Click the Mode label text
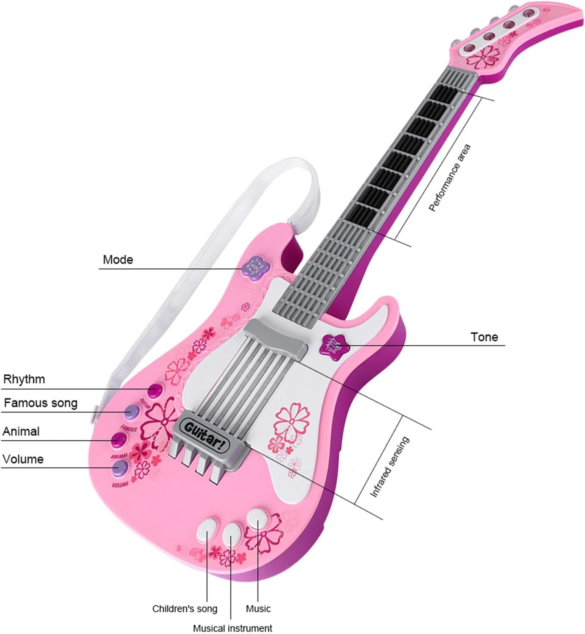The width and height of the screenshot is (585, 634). pos(118,260)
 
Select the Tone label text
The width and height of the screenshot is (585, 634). pos(484,337)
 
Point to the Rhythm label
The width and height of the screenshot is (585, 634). pos(24,379)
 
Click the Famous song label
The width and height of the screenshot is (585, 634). pos(41,403)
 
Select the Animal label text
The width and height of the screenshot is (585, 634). pos(21,431)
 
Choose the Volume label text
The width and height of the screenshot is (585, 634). pos(23,459)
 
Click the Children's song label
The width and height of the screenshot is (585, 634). pos(185,609)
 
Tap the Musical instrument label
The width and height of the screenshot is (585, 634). pos(232,628)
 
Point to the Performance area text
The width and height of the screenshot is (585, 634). pos(450,178)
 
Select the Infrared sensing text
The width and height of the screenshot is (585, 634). pos(389,466)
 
